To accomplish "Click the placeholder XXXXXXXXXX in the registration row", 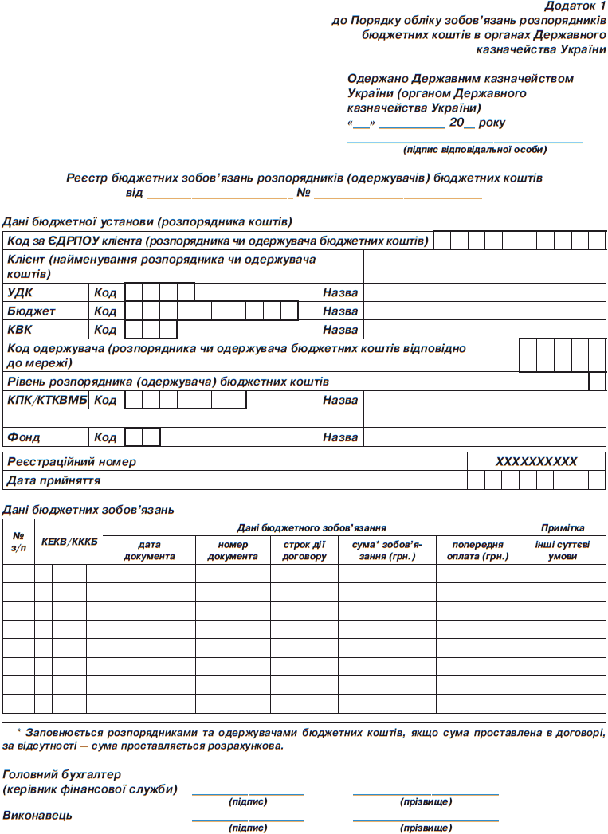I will (x=535, y=461).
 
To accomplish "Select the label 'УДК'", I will (x=21, y=292).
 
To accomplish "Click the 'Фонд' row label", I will (x=24, y=437).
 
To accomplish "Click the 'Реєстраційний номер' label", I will (x=72, y=461).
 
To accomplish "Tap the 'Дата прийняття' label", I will (x=53, y=480).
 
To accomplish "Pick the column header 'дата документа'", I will (x=149, y=550).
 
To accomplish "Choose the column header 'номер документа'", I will (x=232, y=550).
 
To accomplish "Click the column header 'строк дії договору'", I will (x=304, y=550).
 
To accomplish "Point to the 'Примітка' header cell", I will (x=563, y=527).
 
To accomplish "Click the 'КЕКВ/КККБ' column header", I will (x=69, y=542).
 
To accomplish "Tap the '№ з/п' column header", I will (x=18, y=542).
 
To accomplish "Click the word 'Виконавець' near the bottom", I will (x=37, y=816).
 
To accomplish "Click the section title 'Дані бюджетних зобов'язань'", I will (x=88, y=509).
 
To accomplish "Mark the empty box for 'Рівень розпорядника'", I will (x=597, y=382).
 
